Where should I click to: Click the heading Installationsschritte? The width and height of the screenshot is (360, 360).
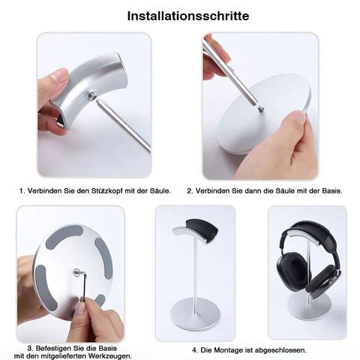(188, 16)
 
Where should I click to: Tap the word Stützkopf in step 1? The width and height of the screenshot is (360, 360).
(107, 191)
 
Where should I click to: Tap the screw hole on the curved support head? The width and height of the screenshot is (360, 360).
(93, 95)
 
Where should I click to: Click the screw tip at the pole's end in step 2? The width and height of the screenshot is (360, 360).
(261, 108)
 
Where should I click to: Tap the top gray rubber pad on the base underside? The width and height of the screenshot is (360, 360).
(64, 234)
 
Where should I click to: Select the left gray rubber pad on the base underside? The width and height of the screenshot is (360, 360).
(45, 287)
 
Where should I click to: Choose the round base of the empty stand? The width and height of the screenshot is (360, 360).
(196, 315)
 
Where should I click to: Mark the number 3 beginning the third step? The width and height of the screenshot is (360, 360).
(29, 348)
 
